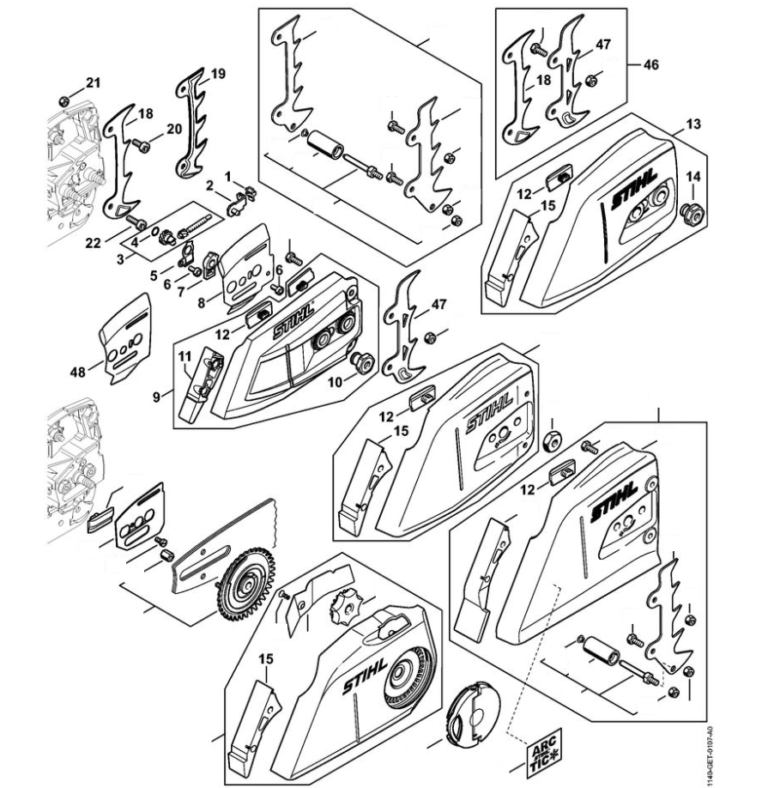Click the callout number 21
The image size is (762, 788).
93,82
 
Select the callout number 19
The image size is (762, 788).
218,74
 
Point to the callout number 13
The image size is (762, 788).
692,124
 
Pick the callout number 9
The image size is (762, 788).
157,397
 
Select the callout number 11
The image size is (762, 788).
184,355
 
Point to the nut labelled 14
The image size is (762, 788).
688,212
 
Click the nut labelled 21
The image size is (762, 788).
66,100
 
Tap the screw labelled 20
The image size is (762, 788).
142,145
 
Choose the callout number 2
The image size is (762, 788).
209,185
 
